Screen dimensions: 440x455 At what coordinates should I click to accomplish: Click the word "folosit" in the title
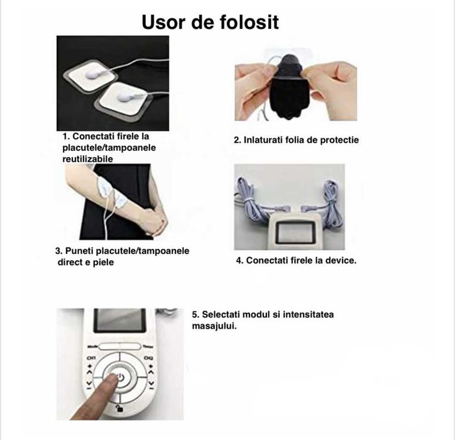pyautogui.click(x=246, y=22)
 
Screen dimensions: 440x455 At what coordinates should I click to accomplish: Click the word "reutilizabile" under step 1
pyautogui.click(x=87, y=158)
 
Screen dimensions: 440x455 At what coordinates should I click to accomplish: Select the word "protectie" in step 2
pyautogui.click(x=336, y=140)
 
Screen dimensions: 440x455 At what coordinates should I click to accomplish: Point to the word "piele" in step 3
pyautogui.click(x=100, y=262)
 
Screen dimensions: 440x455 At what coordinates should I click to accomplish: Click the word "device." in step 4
pyautogui.click(x=337, y=260)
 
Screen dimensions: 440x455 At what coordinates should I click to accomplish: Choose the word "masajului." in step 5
pyautogui.click(x=214, y=326)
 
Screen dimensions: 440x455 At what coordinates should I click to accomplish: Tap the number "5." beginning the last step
pyautogui.click(x=195, y=314)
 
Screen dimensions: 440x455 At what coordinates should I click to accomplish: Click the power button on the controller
pyautogui.click(x=121, y=377)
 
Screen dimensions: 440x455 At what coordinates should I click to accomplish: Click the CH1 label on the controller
pyautogui.click(x=90, y=359)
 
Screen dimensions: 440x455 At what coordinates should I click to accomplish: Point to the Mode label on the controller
pyautogui.click(x=92, y=346)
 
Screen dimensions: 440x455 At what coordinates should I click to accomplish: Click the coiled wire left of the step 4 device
pyautogui.click(x=246, y=194)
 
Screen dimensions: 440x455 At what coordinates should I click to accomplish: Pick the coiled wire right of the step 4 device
pyautogui.click(x=331, y=194)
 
